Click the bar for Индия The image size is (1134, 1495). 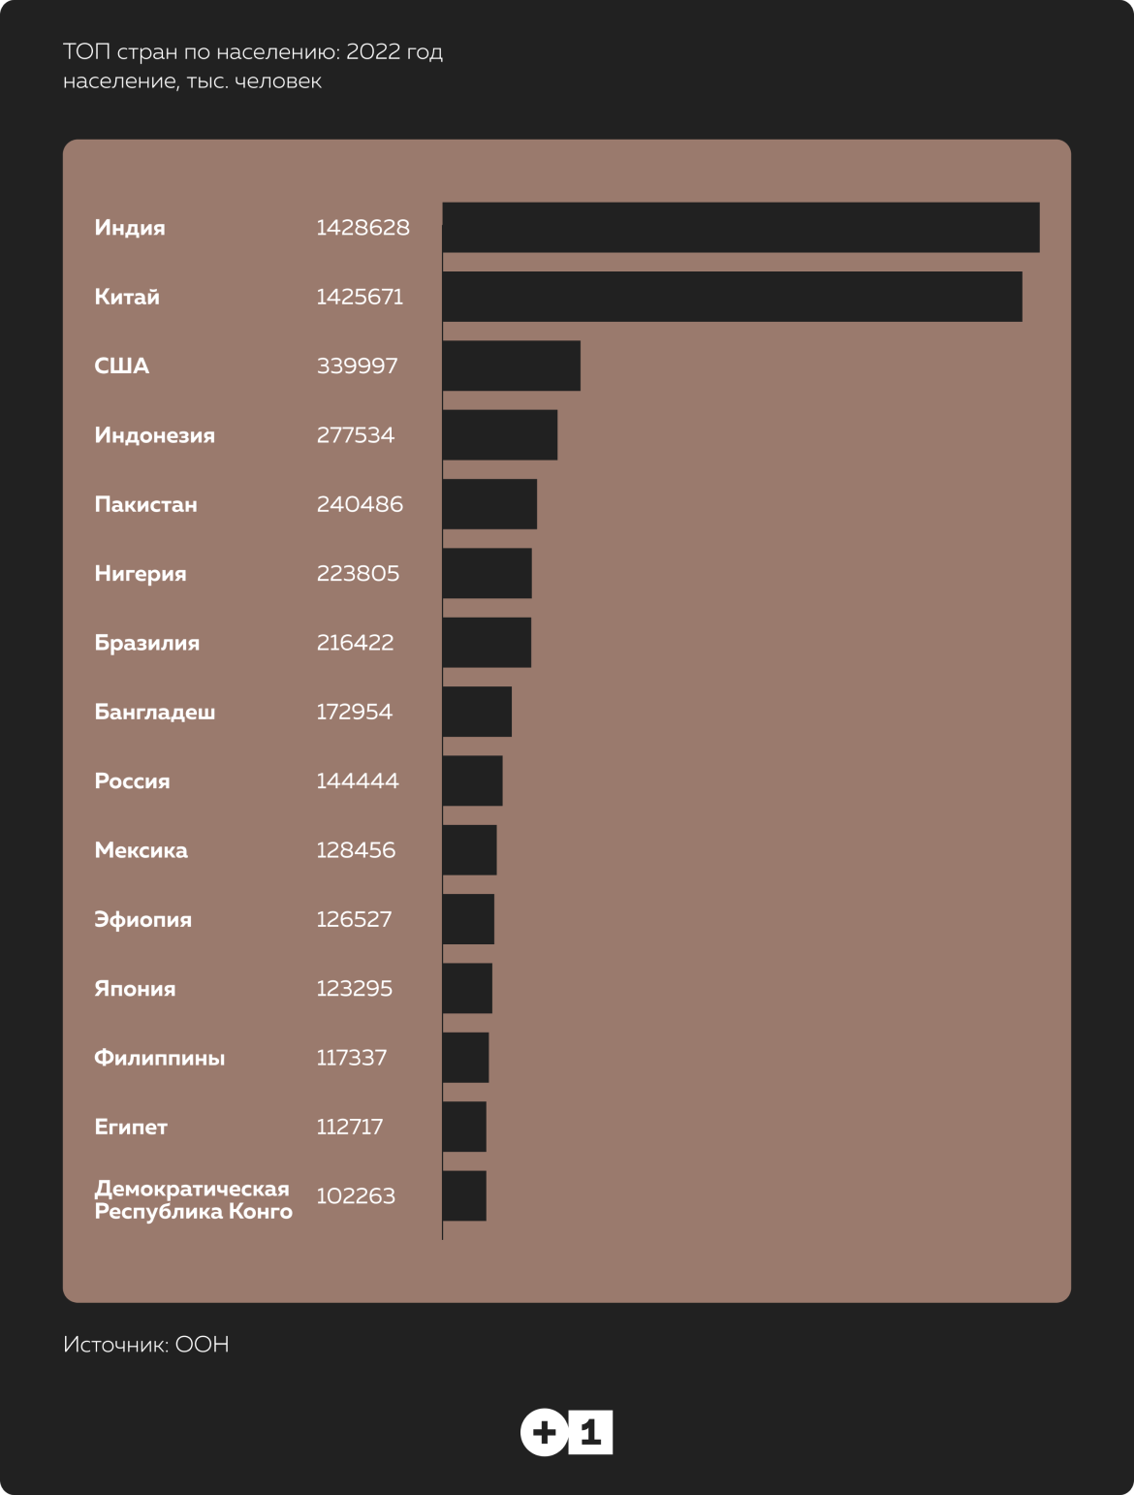tap(740, 228)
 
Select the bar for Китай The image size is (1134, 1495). tap(732, 297)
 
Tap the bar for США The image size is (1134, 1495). tap(512, 366)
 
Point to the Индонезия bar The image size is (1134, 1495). tap(500, 435)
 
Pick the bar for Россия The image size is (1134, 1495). tap(473, 780)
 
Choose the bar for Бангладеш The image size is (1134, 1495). tap(477, 712)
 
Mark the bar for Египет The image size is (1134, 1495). tap(464, 1127)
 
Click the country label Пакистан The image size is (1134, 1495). tap(145, 504)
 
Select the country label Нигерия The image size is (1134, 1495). tap(140, 573)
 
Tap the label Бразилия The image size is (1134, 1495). tap(146, 643)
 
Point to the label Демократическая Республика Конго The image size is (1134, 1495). tap(193, 1200)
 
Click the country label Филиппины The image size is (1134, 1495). tap(159, 1058)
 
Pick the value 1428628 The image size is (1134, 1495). tap(362, 228)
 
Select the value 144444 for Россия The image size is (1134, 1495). tap(357, 780)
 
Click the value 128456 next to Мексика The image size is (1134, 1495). tap(356, 850)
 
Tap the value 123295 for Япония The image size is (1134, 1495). tap(354, 989)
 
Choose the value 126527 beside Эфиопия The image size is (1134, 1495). tap(354, 919)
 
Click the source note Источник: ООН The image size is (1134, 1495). tap(145, 1345)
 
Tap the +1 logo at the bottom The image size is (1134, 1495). tap(567, 1434)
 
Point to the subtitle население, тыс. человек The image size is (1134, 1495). tap(192, 81)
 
